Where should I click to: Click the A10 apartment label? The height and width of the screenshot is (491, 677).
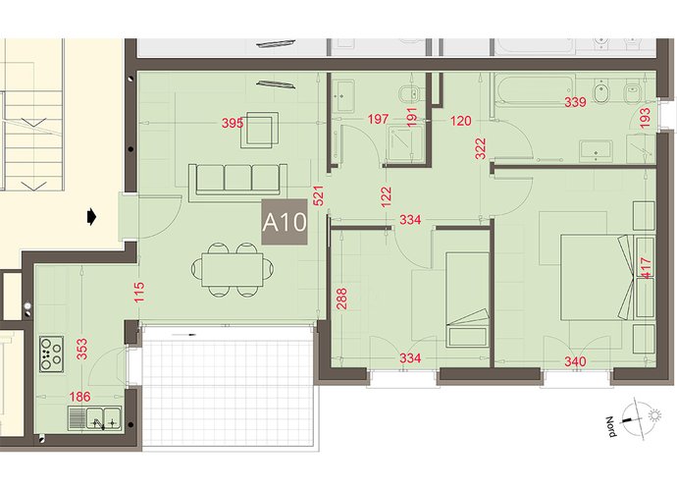(285, 222)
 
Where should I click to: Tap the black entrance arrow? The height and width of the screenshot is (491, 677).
(91, 217)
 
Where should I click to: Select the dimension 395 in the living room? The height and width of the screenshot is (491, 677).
(233, 123)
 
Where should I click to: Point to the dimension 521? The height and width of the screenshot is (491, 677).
(318, 195)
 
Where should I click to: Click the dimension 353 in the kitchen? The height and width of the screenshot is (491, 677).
(81, 349)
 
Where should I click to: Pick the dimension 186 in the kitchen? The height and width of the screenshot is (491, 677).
(79, 397)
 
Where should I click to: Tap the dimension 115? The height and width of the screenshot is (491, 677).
(139, 293)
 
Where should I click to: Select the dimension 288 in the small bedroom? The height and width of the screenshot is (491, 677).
(341, 299)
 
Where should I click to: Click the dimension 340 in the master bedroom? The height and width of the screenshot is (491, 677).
(575, 361)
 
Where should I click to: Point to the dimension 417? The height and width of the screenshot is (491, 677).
(647, 268)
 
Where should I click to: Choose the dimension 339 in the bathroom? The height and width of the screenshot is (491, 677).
(575, 102)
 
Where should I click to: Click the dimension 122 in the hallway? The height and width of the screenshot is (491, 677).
(387, 196)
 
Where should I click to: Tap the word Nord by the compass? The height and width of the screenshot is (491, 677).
(611, 426)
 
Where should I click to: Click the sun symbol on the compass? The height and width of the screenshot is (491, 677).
(655, 415)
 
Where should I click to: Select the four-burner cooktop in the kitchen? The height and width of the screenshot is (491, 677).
(51, 354)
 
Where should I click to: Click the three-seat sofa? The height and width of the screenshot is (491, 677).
(237, 183)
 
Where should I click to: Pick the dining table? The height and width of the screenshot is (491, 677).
(232, 270)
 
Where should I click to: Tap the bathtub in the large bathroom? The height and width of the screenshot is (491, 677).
(535, 90)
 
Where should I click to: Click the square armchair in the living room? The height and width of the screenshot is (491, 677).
(259, 130)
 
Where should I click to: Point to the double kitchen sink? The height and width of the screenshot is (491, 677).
(94, 418)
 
